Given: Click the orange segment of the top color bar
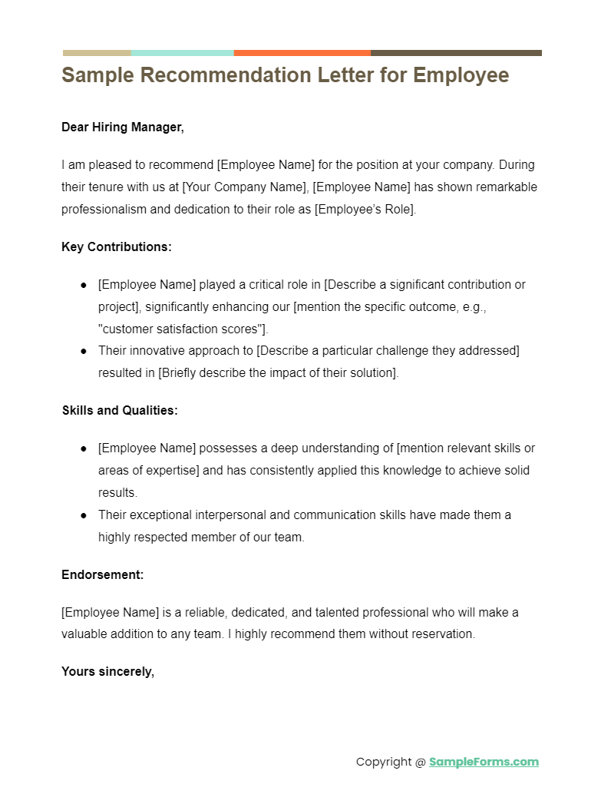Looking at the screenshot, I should (x=302, y=53).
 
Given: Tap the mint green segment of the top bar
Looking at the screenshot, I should (x=182, y=53).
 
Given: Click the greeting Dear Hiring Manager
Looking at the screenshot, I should (x=123, y=127).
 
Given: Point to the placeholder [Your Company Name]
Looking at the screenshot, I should (x=246, y=187).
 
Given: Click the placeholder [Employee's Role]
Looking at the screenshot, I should (x=365, y=210).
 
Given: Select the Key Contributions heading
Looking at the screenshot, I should (x=117, y=247).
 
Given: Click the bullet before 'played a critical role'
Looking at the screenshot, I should (x=84, y=285).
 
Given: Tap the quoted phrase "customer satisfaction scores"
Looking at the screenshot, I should (x=182, y=329).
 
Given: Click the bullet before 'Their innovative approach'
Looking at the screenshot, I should (x=84, y=352).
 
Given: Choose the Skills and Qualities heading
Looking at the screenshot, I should (x=120, y=411).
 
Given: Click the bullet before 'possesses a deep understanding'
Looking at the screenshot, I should (x=84, y=448).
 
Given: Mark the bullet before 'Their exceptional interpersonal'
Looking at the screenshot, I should (x=84, y=515).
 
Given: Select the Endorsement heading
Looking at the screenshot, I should (x=103, y=574).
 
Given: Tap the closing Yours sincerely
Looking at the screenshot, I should (x=108, y=672).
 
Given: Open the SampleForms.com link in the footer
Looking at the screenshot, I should (x=484, y=762).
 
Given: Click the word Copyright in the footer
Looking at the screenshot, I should (x=384, y=762).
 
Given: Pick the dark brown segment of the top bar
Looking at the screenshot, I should (x=456, y=53).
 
